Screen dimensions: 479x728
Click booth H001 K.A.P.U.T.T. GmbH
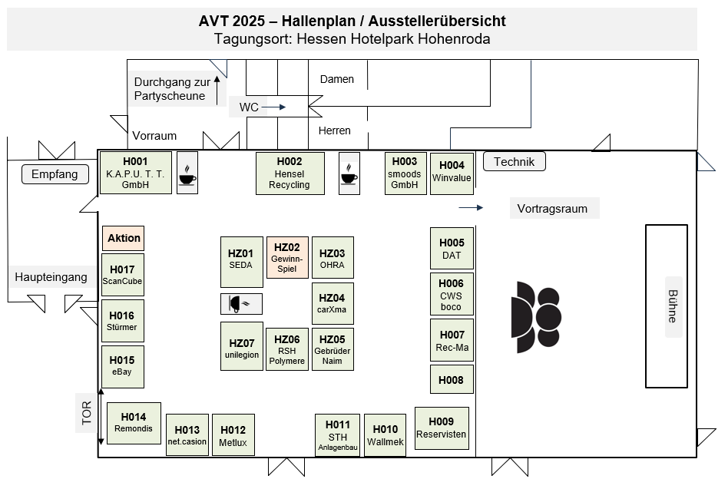136,173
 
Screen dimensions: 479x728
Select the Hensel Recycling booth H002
290,173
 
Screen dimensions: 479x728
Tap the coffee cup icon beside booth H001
187,173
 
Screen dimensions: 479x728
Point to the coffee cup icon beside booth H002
349,173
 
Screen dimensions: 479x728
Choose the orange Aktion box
124,238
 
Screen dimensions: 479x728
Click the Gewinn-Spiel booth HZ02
287,257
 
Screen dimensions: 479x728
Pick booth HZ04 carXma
332,303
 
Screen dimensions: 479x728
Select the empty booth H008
452,379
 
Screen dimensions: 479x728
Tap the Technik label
515,161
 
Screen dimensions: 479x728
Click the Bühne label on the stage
673,306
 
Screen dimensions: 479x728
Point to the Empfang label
55,174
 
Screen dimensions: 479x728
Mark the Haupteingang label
51,277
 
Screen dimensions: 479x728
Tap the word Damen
337,79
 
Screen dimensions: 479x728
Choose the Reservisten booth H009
442,428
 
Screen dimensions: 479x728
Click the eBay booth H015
122,365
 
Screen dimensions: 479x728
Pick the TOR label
86,413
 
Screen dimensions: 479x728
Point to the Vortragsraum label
553,208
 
